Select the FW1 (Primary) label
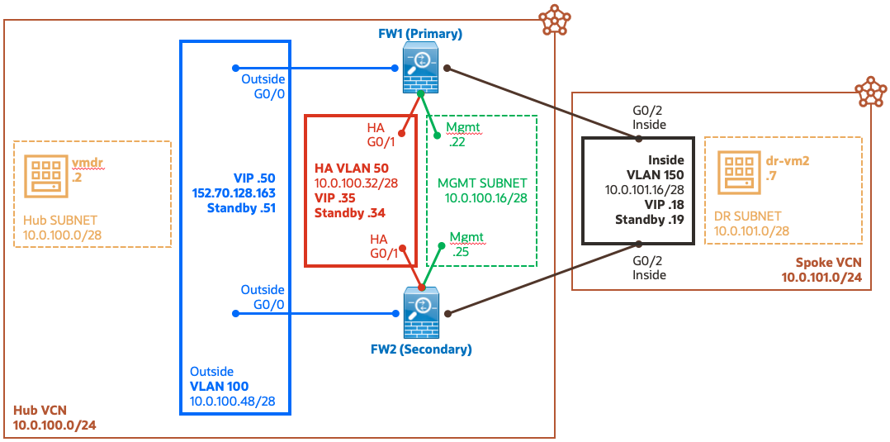pos(420,34)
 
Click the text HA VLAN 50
pos(352,168)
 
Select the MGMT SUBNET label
pos(483,182)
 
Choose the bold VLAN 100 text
pos(220,386)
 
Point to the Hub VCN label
pos(40,411)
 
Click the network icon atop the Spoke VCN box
pos(869,92)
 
